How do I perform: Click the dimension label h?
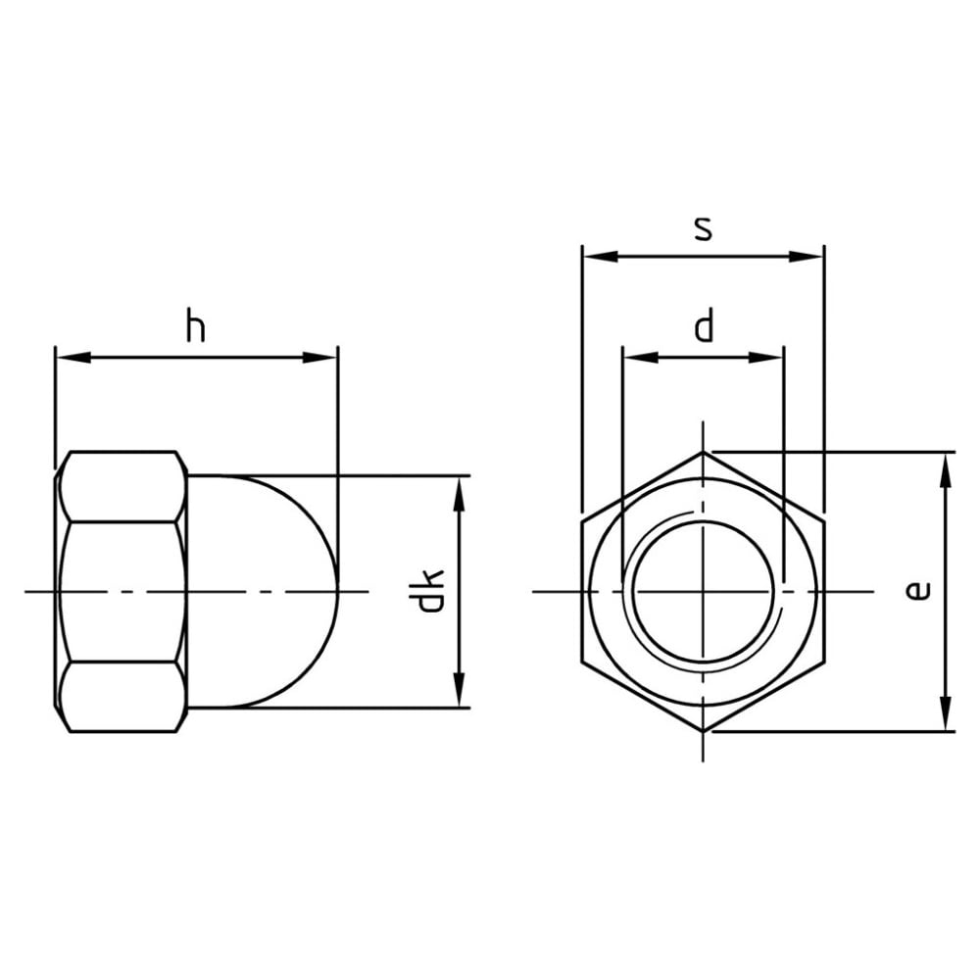click(x=196, y=325)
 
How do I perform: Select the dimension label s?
click(x=703, y=228)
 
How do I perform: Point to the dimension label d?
click(x=704, y=324)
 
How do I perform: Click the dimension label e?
click(x=917, y=591)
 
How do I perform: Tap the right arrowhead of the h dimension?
click(x=319, y=358)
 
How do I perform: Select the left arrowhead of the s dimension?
click(x=601, y=256)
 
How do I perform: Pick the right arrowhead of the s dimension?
click(x=806, y=256)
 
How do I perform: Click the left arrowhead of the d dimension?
click(x=641, y=358)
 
